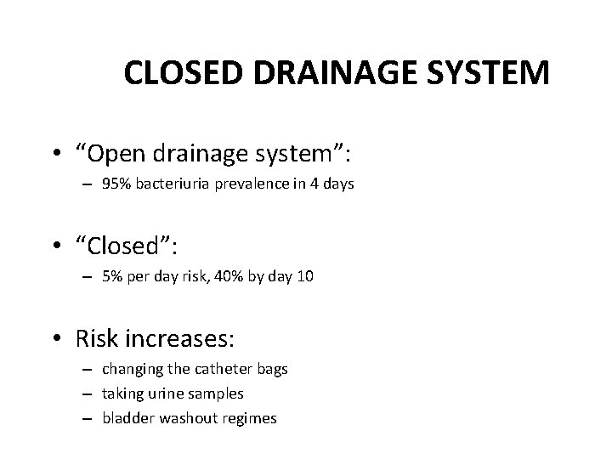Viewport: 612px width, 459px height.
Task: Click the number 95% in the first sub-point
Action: click(x=115, y=184)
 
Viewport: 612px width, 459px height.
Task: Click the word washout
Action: click(x=173, y=418)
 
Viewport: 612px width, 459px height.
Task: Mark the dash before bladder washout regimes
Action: click(x=88, y=418)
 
